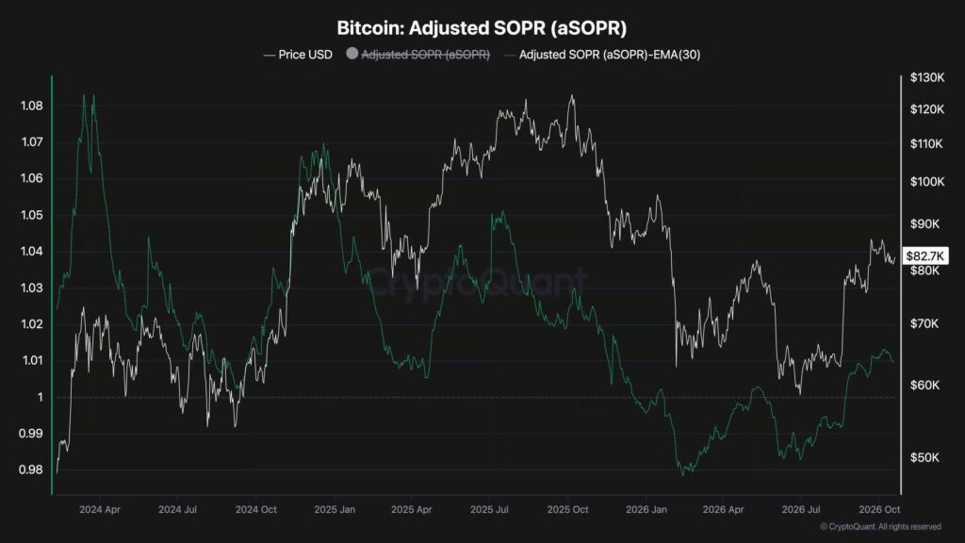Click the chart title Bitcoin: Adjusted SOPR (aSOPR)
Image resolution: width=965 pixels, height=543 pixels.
pos(482,28)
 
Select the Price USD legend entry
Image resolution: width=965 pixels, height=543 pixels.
pos(299,55)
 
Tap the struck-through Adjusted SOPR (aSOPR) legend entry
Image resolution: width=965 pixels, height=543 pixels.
pos(425,55)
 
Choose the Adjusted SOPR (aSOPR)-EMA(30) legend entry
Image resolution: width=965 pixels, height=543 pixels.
pos(602,55)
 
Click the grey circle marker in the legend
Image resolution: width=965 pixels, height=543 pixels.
pos(352,54)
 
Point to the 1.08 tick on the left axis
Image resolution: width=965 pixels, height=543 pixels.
pos(32,106)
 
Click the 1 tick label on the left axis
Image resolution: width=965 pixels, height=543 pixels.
pos(40,397)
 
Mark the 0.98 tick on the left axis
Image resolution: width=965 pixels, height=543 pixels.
pos(31,469)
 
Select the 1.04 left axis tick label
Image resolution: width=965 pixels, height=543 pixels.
pos(32,251)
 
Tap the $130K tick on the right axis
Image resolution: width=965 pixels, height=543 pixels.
pos(927,77)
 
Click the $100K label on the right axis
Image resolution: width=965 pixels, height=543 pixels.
pos(927,182)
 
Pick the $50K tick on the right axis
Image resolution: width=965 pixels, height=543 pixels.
pos(925,457)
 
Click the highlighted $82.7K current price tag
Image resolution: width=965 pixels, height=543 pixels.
pos(925,256)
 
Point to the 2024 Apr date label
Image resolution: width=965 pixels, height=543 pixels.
pos(100,510)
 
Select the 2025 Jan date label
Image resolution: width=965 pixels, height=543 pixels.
pos(335,510)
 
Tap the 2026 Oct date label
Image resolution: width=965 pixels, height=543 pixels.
pos(879,510)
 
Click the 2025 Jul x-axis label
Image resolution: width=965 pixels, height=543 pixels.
pos(489,510)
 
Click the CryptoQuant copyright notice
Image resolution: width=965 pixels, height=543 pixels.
pos(881,527)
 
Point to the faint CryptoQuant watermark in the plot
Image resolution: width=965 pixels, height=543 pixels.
pos(477,283)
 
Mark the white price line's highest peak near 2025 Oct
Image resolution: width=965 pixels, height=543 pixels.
pos(572,95)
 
